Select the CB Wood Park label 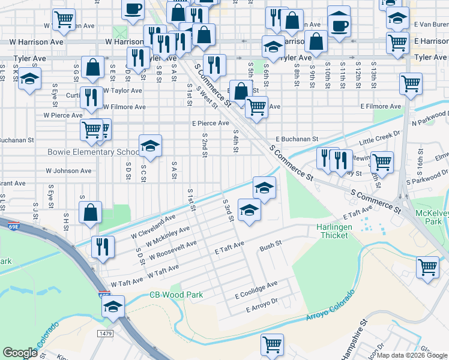coord(176,295)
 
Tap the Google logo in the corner coord(20,353)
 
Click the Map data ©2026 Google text coord(412,355)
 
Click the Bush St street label coord(271,248)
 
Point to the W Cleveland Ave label coord(154,226)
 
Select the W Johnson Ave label coord(68,170)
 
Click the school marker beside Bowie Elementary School coord(150,146)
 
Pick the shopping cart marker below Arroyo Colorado coord(272,345)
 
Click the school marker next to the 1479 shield coord(113,307)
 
